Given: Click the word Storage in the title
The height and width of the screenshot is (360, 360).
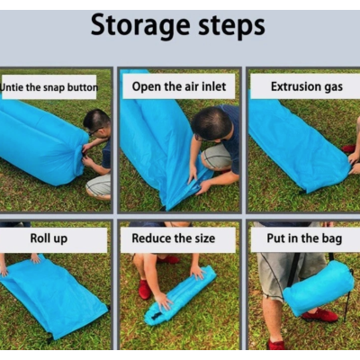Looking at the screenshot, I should pos(145,25).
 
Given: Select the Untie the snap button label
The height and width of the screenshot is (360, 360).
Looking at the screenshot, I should pos(49,87).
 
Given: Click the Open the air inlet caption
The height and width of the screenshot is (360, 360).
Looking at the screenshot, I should pos(177,87).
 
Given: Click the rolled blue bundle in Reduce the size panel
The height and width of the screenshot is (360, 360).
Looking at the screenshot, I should pos(180,294).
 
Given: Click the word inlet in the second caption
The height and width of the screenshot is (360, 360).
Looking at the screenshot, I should pos(216,87).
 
